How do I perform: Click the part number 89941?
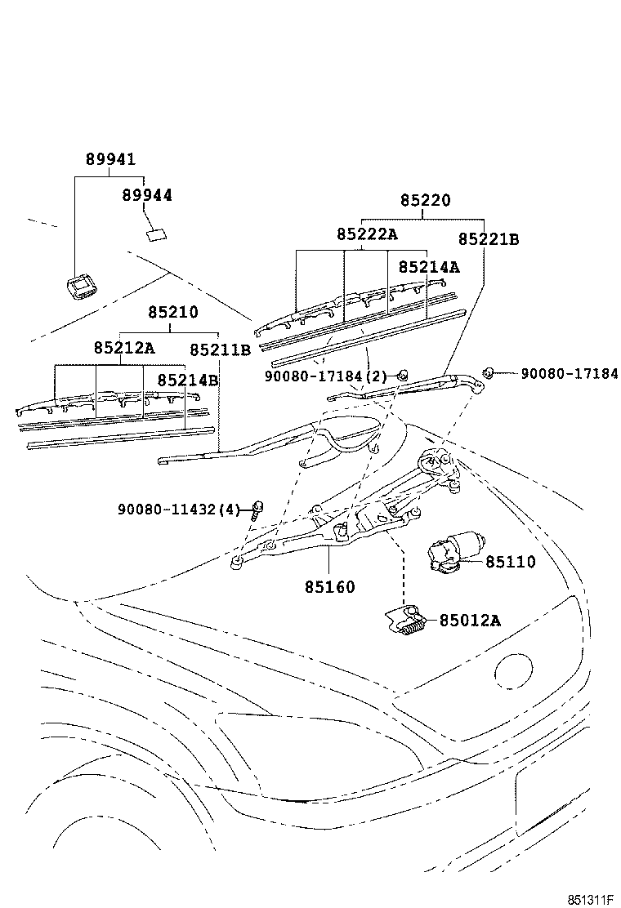[x=110, y=159]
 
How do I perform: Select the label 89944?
[x=147, y=195]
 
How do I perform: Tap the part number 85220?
[x=425, y=201]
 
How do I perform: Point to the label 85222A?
[x=366, y=234]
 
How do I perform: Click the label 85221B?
[x=489, y=239]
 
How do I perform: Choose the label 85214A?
[x=429, y=267]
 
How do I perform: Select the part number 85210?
[x=172, y=313]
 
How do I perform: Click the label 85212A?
[x=123, y=347]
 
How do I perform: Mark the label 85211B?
[x=220, y=349]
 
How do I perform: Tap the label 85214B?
[x=188, y=380]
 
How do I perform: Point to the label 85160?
[x=330, y=586]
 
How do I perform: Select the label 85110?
[x=511, y=562]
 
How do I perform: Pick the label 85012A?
[x=470, y=621]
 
